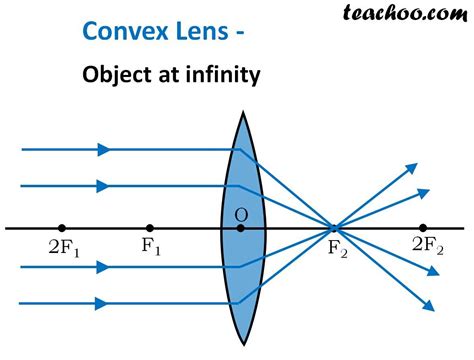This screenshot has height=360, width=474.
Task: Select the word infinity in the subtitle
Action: coord(222,76)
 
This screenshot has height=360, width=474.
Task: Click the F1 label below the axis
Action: coord(151,246)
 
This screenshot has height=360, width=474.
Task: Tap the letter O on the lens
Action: coord(241,215)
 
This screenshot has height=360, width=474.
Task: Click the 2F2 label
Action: coord(427,246)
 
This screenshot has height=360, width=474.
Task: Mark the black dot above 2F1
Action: coord(62,228)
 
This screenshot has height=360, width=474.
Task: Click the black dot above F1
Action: coord(149,228)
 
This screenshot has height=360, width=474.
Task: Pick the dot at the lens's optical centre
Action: coord(241,228)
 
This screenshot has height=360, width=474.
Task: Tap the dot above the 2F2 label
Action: coord(423,228)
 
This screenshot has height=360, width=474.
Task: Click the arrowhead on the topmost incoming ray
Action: coord(103,150)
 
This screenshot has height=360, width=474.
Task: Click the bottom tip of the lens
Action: coord(241,343)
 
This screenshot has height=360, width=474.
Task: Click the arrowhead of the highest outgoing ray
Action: coord(413,166)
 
